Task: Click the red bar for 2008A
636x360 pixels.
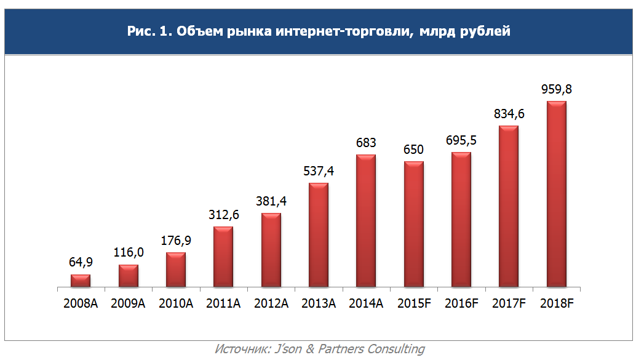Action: coord(81,281)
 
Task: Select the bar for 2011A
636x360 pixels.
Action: coord(223,257)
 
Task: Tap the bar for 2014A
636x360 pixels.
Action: coord(366,221)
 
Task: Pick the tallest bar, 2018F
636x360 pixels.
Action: coord(557,194)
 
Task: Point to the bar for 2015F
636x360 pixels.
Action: coord(414,224)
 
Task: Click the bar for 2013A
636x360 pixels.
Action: coord(319,235)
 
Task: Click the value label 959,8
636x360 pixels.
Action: coord(557,89)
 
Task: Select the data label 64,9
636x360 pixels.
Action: coord(81,263)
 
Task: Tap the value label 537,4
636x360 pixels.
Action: coord(319,171)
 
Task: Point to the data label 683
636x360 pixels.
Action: coord(366,143)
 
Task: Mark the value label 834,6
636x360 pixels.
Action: coord(509,114)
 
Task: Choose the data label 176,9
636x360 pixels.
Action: coord(176,241)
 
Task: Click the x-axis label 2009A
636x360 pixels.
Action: coord(128,303)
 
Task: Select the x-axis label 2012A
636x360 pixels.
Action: coord(271,303)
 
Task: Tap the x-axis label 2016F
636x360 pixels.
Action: coord(461,303)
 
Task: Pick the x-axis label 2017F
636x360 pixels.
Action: coord(509,303)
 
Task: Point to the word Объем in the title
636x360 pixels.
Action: coord(197,31)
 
